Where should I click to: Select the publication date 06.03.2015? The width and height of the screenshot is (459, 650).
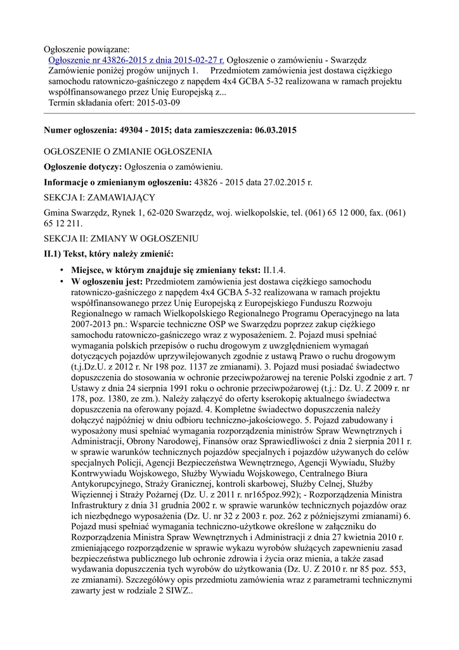coord(273,129)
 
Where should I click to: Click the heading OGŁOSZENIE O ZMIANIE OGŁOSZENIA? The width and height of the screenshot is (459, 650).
coord(127,152)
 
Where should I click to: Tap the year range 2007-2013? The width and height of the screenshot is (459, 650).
coord(96,324)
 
